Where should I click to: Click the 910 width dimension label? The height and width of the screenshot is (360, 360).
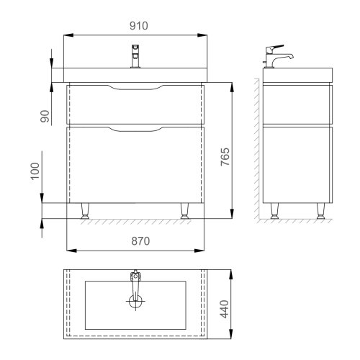point(138,26)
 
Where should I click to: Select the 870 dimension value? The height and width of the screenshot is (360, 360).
point(138,241)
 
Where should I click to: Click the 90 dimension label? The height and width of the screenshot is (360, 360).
point(45,116)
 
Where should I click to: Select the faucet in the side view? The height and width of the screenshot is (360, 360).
point(279,58)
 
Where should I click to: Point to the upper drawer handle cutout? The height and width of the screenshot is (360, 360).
point(135,88)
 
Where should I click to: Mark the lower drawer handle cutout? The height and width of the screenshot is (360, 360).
point(135,130)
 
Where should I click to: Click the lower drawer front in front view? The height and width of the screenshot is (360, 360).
point(135,166)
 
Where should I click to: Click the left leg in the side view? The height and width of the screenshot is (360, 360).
point(274,210)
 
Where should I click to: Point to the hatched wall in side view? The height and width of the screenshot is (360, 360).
point(258,144)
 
